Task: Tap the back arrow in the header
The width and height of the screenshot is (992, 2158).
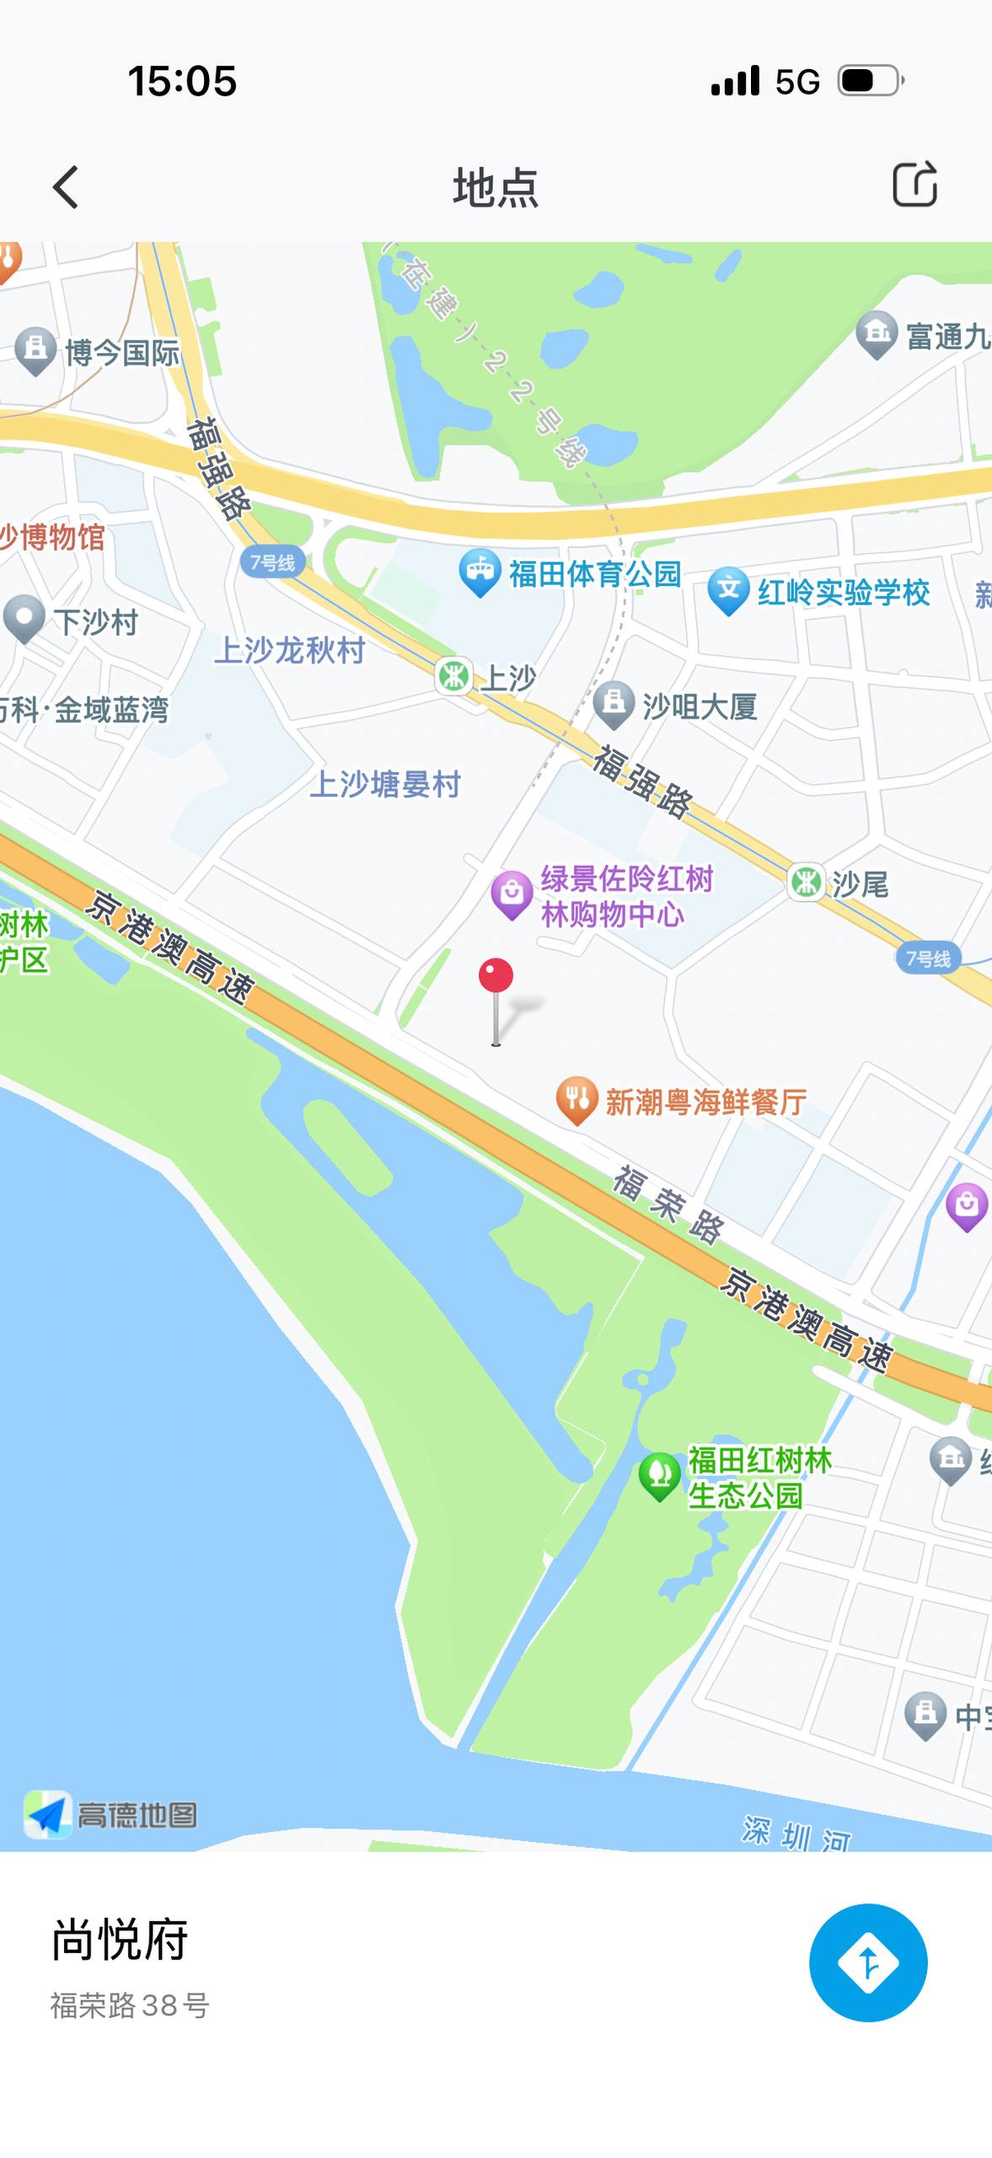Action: click(x=66, y=186)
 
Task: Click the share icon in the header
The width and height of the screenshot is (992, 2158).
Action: click(x=914, y=184)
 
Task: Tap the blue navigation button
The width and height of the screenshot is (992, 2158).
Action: click(x=868, y=1962)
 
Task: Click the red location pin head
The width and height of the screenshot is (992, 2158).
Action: click(x=496, y=975)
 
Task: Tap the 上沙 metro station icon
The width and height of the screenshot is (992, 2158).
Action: click(x=453, y=676)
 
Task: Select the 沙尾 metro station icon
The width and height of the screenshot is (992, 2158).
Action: click(x=806, y=883)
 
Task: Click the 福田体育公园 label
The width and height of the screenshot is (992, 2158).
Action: click(x=594, y=574)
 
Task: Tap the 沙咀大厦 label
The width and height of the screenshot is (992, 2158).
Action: click(x=700, y=706)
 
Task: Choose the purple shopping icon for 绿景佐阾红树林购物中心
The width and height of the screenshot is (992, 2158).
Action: click(x=512, y=893)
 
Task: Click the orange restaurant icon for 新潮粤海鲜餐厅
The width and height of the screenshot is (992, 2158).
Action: click(x=576, y=1099)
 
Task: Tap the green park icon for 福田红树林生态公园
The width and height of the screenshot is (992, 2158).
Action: click(x=659, y=1475)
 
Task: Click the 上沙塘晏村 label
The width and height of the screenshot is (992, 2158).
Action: click(x=385, y=785)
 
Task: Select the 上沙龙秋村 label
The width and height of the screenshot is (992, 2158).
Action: click(x=289, y=651)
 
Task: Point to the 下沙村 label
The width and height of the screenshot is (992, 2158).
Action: click(x=95, y=622)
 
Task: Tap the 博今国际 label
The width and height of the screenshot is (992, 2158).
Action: click(x=122, y=352)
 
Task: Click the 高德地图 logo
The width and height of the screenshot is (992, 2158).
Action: click(x=111, y=1814)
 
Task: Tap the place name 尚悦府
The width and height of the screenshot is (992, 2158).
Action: click(x=120, y=1939)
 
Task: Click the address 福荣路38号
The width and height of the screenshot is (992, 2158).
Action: click(x=130, y=2005)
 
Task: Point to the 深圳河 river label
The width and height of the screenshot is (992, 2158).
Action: click(x=796, y=1834)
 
